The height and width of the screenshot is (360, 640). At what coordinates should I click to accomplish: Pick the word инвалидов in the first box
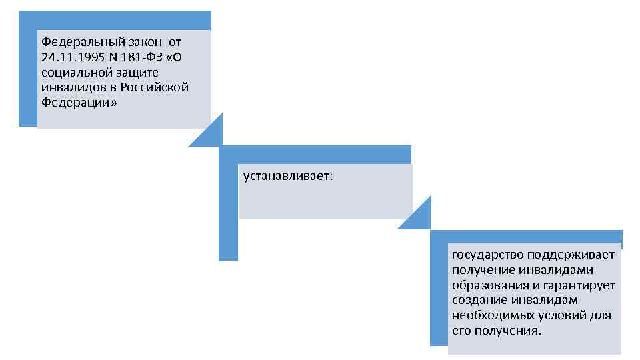pos(68,87)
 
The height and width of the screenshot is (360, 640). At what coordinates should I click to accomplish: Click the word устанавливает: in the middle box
pos(288,177)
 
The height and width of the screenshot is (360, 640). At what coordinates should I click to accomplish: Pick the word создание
pos(475,300)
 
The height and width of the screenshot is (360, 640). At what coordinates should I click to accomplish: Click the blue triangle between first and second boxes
pos(210,134)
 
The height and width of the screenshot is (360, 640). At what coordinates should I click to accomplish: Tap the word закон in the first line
pos(141,42)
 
